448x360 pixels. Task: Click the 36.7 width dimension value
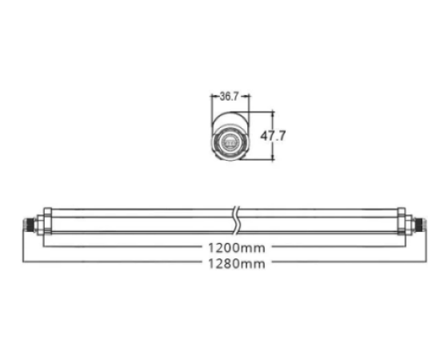229,96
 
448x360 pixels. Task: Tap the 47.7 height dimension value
273,135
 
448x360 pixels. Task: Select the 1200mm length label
237,248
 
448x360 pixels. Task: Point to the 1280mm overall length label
237,264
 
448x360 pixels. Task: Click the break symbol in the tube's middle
237,221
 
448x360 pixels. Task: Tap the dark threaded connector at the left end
28,224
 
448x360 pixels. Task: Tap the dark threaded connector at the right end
420,224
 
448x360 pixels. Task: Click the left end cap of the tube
47,221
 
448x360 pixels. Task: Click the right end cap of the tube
401,221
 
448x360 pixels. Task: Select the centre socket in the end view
230,142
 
